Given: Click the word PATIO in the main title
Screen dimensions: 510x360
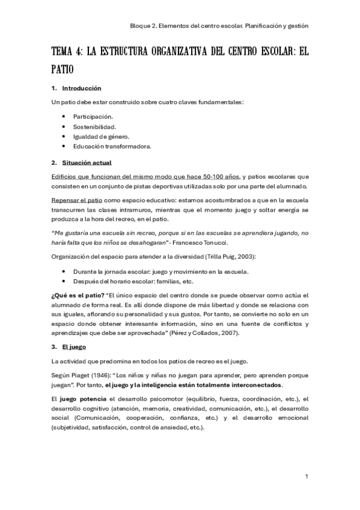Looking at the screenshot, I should tap(63, 69).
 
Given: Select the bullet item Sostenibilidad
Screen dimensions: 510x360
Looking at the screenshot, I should tap(94, 126).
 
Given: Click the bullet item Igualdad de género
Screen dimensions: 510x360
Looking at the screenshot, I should tap(101, 136).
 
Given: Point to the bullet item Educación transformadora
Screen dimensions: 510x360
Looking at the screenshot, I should tap(112, 146).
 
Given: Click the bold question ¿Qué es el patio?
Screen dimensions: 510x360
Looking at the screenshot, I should tap(78, 295).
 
